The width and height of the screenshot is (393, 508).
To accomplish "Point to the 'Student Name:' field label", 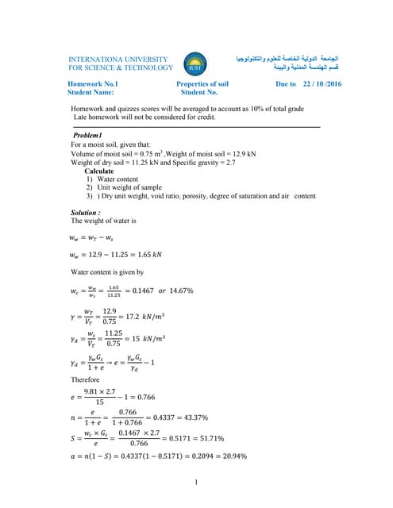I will (93, 93).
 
